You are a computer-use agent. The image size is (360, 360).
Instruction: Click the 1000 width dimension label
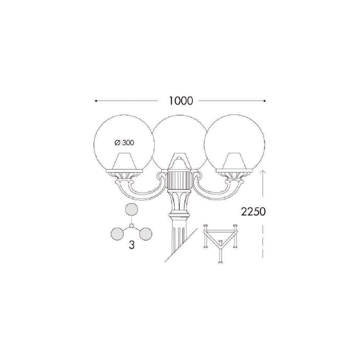click(x=181, y=101)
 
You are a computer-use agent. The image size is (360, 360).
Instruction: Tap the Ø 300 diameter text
click(x=124, y=143)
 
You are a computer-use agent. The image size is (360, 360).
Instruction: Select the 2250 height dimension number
click(x=253, y=212)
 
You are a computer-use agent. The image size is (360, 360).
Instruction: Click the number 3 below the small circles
click(x=131, y=245)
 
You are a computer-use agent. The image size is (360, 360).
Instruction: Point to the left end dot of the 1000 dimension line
click(x=96, y=101)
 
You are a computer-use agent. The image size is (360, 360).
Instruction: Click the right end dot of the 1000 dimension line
click(x=265, y=101)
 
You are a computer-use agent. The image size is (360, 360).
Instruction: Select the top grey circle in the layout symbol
click(x=131, y=210)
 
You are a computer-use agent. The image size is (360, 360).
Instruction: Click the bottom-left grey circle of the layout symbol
click(x=117, y=234)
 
